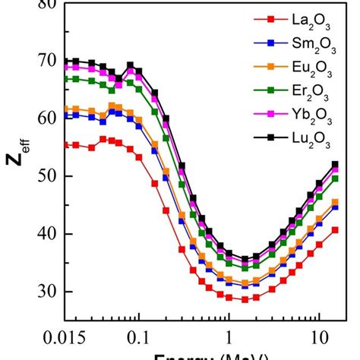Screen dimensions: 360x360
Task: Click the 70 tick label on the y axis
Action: tap(47, 60)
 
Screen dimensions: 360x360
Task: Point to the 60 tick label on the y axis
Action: tap(47, 118)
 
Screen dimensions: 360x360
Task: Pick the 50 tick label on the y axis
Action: tap(47, 176)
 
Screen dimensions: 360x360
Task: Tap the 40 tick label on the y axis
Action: tap(47, 234)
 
